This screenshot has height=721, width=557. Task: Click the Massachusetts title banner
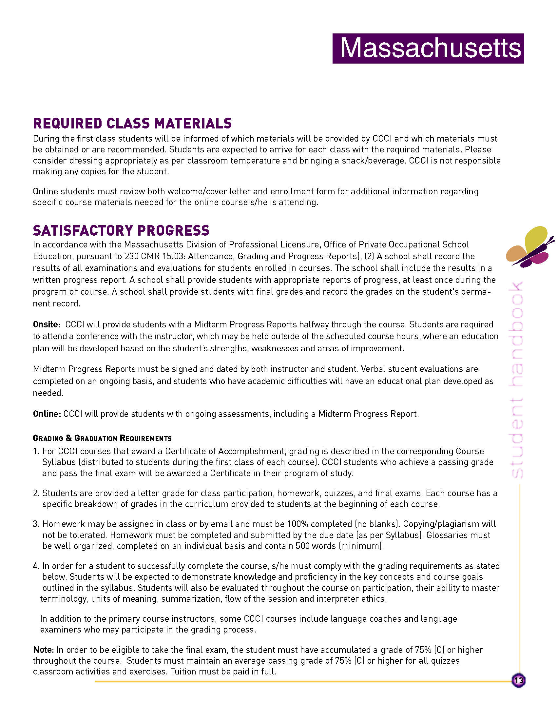[x=428, y=48]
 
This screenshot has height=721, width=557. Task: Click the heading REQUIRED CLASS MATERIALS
[x=132, y=124]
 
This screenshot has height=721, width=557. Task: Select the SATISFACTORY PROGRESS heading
[x=121, y=230]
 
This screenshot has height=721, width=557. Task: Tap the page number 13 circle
[x=518, y=680]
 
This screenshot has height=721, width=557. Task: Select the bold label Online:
[x=47, y=414]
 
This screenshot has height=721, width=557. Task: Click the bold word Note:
[x=43, y=650]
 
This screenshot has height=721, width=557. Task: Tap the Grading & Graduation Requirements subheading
[x=102, y=438]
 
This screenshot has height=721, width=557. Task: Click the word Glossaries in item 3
[x=448, y=535]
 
